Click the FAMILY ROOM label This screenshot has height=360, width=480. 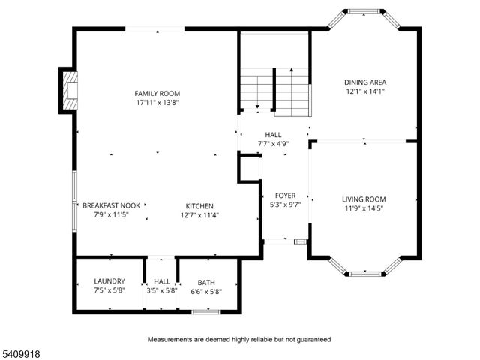(x=157, y=93)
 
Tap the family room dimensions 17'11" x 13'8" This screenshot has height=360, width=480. (x=157, y=102)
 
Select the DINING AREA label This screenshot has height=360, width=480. (x=365, y=82)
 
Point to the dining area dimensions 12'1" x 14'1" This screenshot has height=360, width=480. (x=365, y=91)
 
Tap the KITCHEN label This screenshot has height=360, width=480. (x=200, y=205)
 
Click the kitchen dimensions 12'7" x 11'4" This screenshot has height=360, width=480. (x=200, y=214)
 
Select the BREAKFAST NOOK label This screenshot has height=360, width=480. (x=111, y=205)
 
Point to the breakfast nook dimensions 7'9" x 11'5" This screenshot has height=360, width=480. (x=111, y=214)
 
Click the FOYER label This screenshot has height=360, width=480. (x=284, y=195)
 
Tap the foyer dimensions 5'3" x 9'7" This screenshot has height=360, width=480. (x=284, y=204)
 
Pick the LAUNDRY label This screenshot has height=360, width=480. (x=109, y=281)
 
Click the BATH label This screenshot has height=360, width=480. (x=206, y=282)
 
